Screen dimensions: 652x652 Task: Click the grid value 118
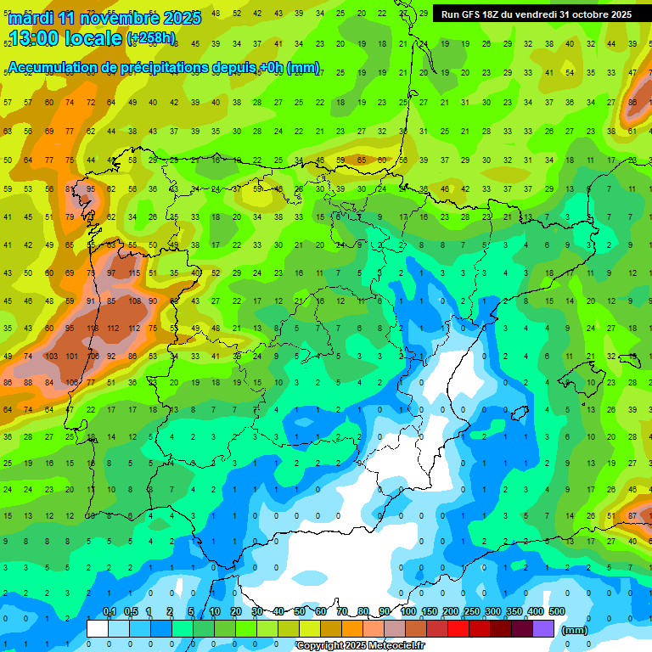coord(92,329)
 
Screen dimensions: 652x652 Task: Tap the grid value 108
coord(133,301)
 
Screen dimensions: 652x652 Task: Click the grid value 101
coord(71,356)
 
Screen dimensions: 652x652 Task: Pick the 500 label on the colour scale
coord(557,612)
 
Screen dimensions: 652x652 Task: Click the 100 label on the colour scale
coord(408,612)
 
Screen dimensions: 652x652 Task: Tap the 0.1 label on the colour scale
coord(109,612)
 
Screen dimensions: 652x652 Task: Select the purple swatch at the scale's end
coord(543,628)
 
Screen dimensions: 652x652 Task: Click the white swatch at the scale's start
coord(98,628)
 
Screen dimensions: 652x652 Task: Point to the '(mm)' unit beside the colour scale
coord(575,630)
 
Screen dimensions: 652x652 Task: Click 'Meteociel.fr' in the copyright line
coord(395,646)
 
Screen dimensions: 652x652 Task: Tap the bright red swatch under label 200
coord(458,628)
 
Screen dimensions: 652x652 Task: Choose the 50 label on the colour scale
coord(300,612)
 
